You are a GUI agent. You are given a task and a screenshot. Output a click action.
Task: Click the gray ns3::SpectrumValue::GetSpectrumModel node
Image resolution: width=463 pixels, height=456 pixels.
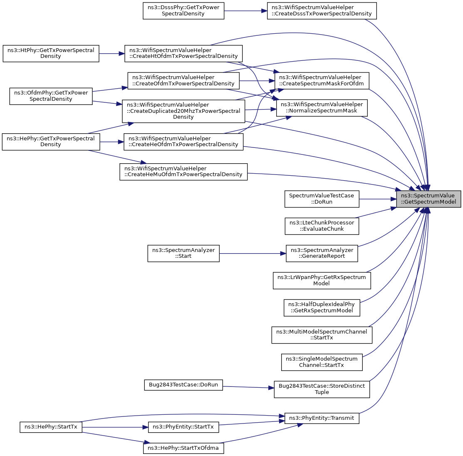pyautogui.click(x=428, y=199)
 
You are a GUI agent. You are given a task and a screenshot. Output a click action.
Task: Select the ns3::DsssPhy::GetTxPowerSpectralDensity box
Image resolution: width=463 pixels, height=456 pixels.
pyautogui.click(x=183, y=10)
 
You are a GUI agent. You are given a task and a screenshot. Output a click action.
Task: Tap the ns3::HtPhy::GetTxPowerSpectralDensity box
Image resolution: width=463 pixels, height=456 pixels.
pyautogui.click(x=51, y=53)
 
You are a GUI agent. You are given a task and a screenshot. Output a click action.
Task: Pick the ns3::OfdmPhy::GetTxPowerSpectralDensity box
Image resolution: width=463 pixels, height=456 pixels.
pyautogui.click(x=51, y=96)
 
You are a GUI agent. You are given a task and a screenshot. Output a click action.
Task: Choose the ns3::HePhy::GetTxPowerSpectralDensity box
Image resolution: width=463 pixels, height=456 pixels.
pyautogui.click(x=51, y=142)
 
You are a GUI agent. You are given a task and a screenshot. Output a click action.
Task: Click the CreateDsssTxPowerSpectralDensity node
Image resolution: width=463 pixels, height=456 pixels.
pyautogui.click(x=322, y=10)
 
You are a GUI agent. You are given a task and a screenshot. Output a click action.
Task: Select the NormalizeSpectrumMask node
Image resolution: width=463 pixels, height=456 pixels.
pyautogui.click(x=322, y=107)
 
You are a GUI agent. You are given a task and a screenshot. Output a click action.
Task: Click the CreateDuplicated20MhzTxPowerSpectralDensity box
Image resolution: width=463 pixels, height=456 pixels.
pyautogui.click(x=183, y=111)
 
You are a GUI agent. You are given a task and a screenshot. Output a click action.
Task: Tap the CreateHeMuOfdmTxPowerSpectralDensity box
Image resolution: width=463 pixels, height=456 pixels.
pyautogui.click(x=183, y=172)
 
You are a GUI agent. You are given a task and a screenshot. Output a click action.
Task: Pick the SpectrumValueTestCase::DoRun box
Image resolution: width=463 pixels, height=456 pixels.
pyautogui.click(x=322, y=199)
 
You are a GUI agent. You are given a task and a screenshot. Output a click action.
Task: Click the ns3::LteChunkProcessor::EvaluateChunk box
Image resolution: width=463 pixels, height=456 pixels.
pyautogui.click(x=322, y=226)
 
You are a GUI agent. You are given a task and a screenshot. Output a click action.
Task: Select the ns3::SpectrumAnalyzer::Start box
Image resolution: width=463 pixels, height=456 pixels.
pyautogui.click(x=183, y=253)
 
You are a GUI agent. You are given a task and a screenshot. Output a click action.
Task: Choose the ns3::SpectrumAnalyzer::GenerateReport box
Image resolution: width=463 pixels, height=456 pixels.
pyautogui.click(x=322, y=253)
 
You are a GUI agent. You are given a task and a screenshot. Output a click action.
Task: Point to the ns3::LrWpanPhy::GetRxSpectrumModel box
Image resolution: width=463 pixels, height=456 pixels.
pyautogui.click(x=322, y=280)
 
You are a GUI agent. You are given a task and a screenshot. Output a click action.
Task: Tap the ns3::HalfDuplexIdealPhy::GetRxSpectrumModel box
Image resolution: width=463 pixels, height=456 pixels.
pyautogui.click(x=322, y=307)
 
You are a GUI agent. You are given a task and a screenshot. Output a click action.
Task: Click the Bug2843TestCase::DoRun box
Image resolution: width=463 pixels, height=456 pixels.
pyautogui.click(x=183, y=385)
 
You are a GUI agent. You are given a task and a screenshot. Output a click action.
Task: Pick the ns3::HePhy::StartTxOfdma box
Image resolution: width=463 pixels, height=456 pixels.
pyautogui.click(x=183, y=448)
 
